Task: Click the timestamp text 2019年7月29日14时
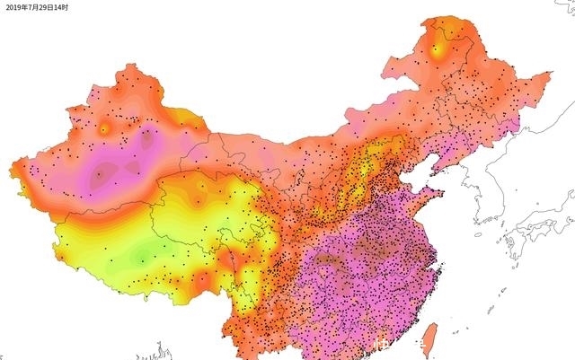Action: [x=35, y=6]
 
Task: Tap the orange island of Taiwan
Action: [x=429, y=339]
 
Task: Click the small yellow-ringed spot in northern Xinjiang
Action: [x=103, y=128]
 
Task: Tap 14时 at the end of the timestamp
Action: [x=60, y=6]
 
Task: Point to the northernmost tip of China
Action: [x=443, y=18]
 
